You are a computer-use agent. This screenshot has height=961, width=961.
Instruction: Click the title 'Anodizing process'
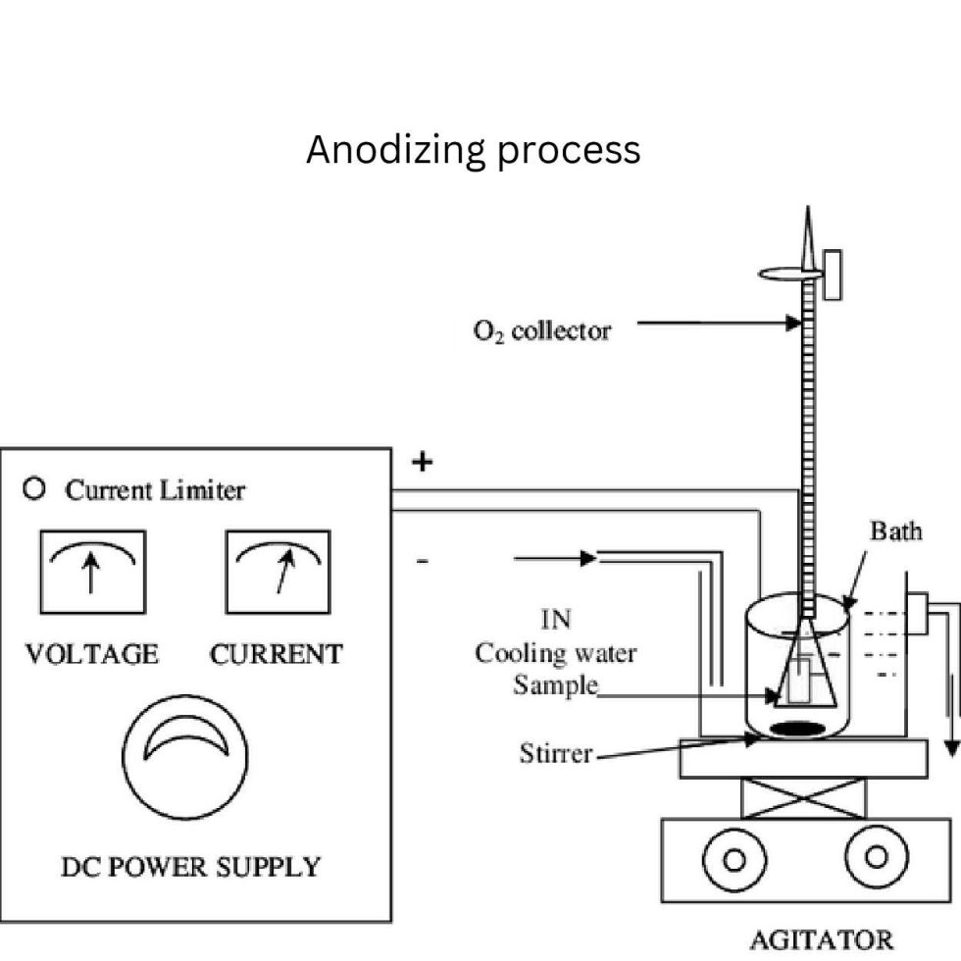[x=473, y=150]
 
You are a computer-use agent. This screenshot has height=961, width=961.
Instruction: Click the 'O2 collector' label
[x=541, y=330]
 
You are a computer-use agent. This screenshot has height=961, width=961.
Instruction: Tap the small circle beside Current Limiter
[x=35, y=488]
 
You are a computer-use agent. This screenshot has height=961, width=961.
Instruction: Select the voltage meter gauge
[x=92, y=572]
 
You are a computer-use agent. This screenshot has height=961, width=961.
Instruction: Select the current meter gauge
[x=278, y=572]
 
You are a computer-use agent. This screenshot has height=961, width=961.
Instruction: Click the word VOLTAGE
[x=91, y=654]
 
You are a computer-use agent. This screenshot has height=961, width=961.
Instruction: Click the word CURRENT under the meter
[x=277, y=654]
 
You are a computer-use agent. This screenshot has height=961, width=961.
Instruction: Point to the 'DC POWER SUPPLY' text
[x=190, y=867]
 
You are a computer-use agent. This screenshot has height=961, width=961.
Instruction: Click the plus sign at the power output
[x=422, y=462]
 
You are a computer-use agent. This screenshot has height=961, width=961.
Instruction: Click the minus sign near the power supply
[x=422, y=561]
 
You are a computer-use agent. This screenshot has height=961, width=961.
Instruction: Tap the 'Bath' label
[x=895, y=531]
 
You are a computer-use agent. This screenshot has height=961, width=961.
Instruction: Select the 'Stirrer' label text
[x=556, y=754]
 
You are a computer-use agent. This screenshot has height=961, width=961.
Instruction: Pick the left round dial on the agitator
[x=732, y=859]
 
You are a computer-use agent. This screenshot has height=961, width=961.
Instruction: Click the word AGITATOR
[x=821, y=938]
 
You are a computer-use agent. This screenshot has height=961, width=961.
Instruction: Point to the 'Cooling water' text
[x=555, y=653]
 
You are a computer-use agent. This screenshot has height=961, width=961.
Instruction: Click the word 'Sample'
[x=554, y=683]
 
